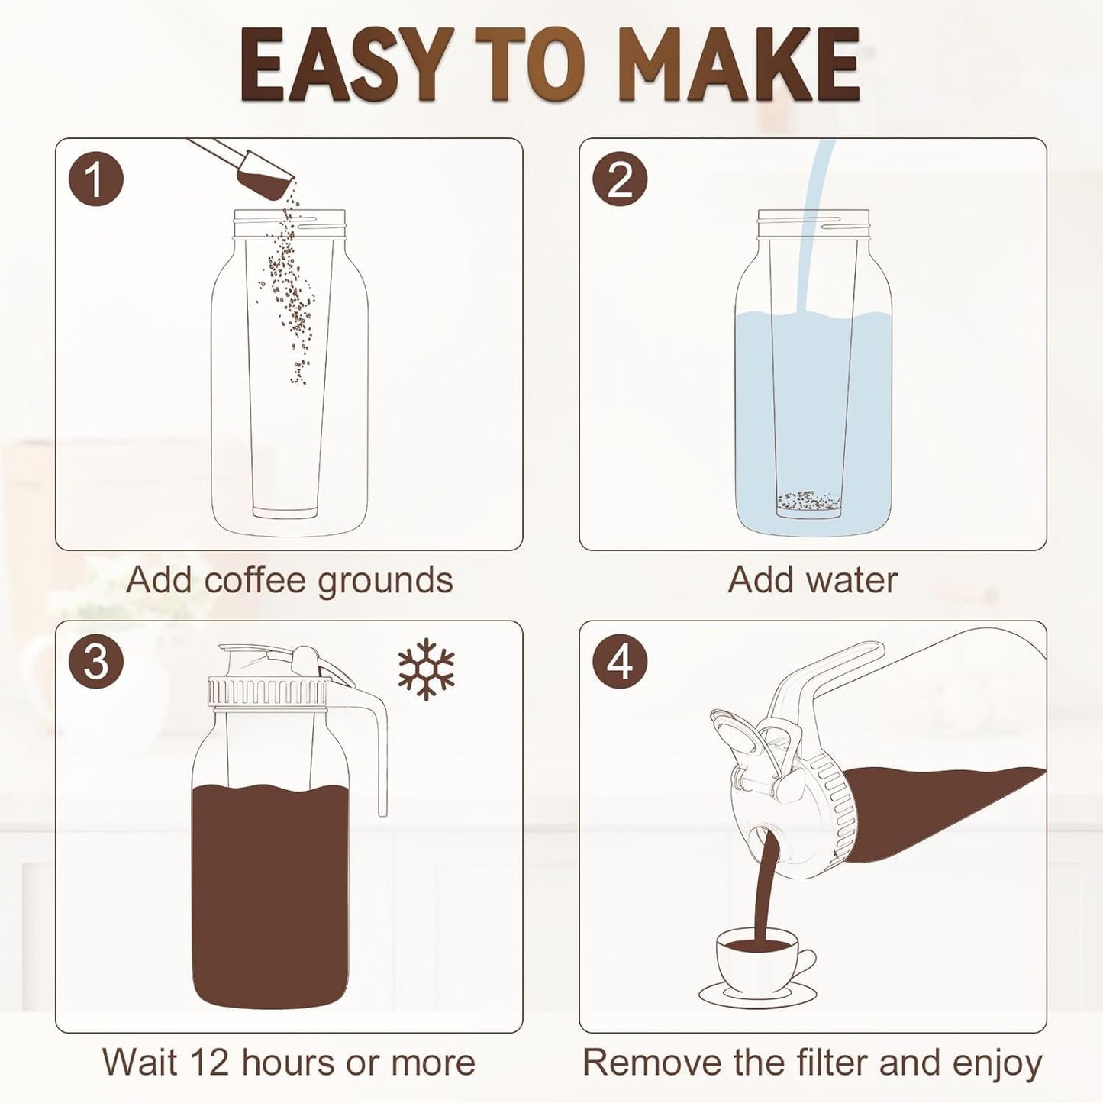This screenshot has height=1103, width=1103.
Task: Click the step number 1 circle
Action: point(95,179)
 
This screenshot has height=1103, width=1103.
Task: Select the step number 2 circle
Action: point(620,179)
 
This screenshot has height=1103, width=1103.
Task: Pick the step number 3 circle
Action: point(95,663)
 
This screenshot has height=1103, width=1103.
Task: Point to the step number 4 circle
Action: point(620,663)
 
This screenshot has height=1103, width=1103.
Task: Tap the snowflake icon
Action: point(426,669)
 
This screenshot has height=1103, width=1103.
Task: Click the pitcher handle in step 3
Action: point(366,750)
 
